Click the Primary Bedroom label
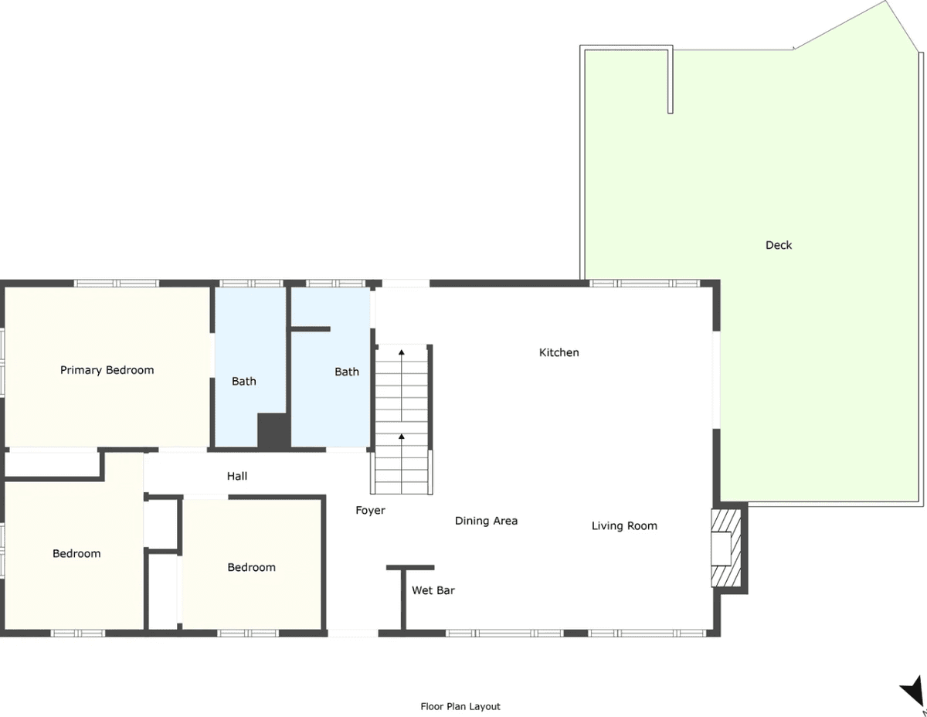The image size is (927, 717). (107, 370)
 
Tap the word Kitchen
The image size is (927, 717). (559, 352)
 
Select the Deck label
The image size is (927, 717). (779, 245)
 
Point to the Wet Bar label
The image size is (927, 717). (433, 590)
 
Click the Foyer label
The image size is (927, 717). (370, 510)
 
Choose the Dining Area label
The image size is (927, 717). (487, 521)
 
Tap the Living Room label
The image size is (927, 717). (624, 526)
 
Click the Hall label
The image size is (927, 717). (236, 476)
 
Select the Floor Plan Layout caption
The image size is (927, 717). (460, 706)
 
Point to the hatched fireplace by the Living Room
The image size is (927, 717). (725, 548)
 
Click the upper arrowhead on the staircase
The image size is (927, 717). (402, 352)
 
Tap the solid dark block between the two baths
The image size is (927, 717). (273, 430)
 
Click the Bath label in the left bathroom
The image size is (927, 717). (243, 381)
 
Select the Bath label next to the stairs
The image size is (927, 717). (346, 372)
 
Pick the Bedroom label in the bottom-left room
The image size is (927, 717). (76, 554)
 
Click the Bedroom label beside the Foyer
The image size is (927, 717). (251, 567)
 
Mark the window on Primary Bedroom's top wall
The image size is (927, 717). (117, 284)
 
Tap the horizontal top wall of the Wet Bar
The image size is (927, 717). (410, 568)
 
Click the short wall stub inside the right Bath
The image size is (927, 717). (311, 329)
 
